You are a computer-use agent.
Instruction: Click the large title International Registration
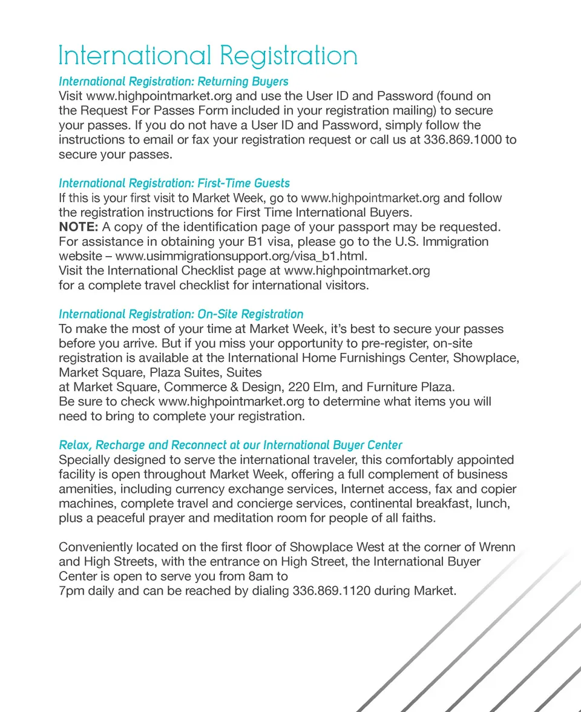pos(208,56)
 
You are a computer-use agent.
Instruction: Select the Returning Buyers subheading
pos(173,81)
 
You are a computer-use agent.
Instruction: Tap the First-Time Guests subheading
pos(174,183)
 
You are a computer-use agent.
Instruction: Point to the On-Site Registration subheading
pos(181,314)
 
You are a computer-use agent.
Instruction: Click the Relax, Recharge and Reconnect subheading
pos(231,445)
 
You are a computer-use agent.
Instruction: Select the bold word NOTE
pos(78,227)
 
